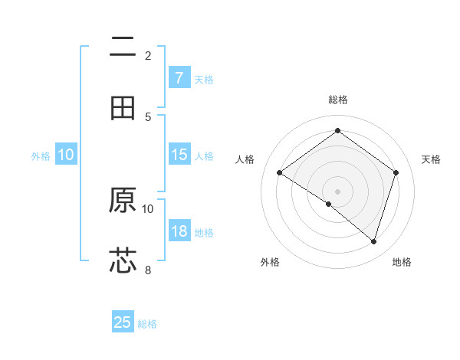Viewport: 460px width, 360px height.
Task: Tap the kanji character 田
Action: (x=123, y=108)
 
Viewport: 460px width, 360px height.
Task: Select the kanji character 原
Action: (x=123, y=200)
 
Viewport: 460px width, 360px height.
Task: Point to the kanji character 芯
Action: (x=123, y=260)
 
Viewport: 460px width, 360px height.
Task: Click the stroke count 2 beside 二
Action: (x=148, y=55)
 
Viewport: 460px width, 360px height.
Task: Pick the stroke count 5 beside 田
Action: (x=148, y=116)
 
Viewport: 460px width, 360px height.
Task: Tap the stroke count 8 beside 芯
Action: (x=148, y=269)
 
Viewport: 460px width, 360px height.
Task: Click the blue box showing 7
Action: (x=179, y=77)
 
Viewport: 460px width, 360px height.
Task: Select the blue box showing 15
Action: (x=179, y=155)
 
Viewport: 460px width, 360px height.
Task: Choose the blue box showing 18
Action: (x=179, y=231)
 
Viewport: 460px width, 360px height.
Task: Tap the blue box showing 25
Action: (x=123, y=322)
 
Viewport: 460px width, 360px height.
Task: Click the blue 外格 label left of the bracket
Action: (x=41, y=155)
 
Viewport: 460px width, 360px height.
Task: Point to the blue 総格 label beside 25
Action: (x=147, y=324)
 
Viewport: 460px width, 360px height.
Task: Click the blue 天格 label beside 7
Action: (x=204, y=79)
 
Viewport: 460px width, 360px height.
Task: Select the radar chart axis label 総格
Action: (x=338, y=100)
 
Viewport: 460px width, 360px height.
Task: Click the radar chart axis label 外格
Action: (x=270, y=262)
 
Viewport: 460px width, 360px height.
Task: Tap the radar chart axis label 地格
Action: (x=402, y=262)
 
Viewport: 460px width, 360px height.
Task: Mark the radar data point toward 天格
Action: (x=396, y=172)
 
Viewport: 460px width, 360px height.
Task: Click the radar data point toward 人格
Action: (x=280, y=173)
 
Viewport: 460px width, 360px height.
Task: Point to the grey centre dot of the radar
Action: (x=338, y=191)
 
